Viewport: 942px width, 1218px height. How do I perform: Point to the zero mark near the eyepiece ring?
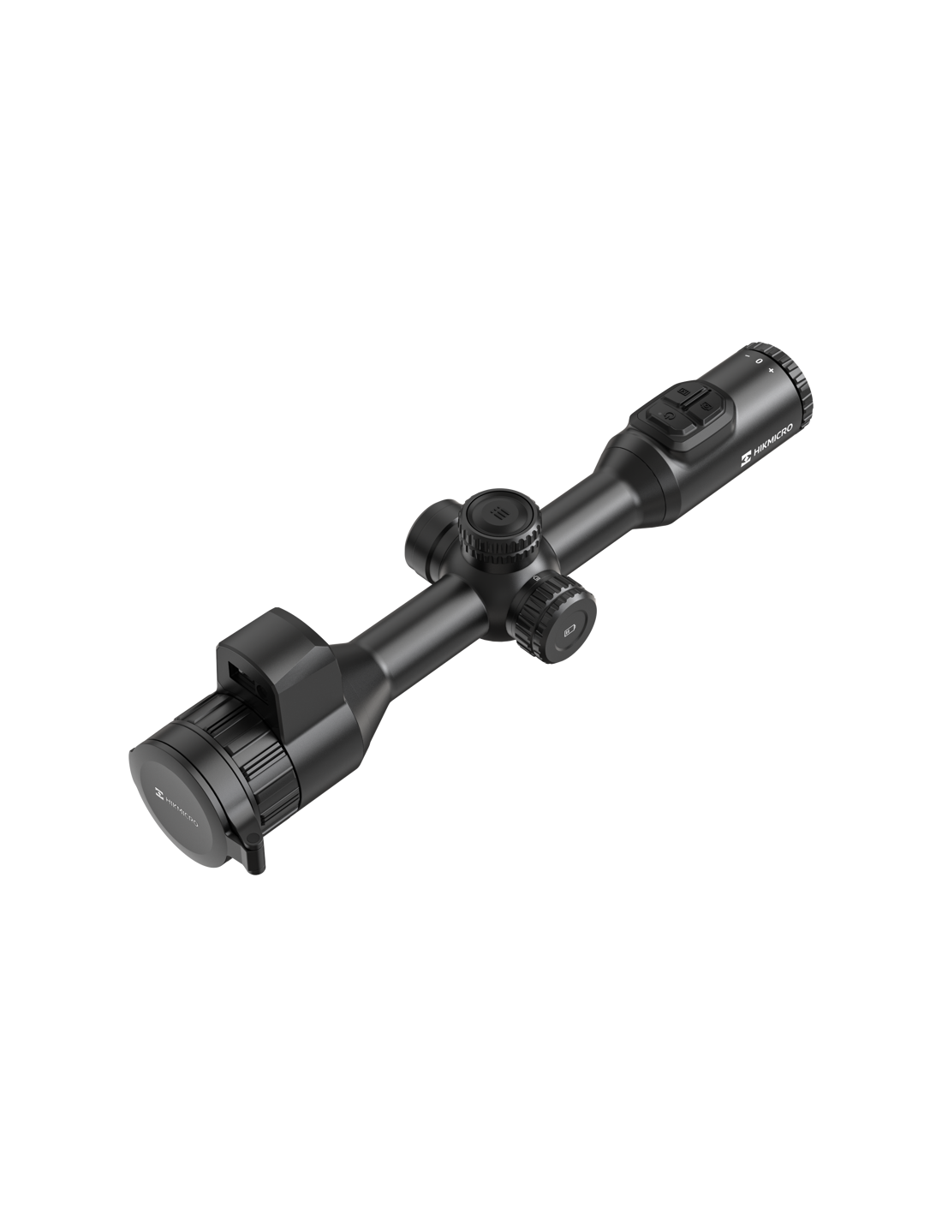tap(759, 361)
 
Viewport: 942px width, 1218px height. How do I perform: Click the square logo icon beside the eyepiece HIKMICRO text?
tap(746, 460)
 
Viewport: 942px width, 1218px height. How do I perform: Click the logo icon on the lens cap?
tap(159, 791)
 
